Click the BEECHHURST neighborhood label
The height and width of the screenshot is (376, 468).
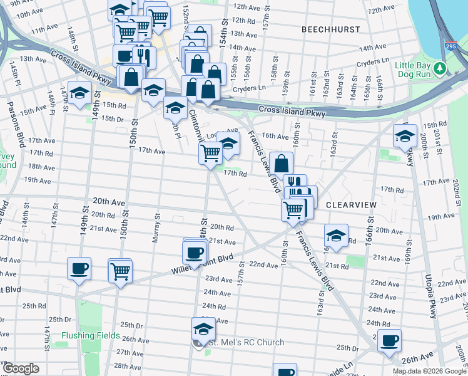click(x=330, y=29)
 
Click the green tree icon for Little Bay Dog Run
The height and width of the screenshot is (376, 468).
click(x=441, y=67)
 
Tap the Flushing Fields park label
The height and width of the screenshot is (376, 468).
click(x=90, y=335)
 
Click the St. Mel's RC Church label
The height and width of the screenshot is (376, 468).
click(x=245, y=342)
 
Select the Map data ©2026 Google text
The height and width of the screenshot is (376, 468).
click(x=429, y=371)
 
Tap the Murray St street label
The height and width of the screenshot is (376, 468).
click(x=158, y=227)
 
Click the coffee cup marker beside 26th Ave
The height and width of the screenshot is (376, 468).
click(x=389, y=341)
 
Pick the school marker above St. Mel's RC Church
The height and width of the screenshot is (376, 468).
click(x=203, y=328)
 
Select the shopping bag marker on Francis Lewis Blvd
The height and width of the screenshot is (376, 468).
click(x=282, y=163)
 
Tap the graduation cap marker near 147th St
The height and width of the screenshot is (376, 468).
click(x=79, y=93)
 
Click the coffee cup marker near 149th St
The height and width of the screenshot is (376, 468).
click(x=79, y=268)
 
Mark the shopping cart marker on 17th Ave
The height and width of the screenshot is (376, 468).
click(x=211, y=152)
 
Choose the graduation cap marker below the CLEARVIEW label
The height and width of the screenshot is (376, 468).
click(x=336, y=236)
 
